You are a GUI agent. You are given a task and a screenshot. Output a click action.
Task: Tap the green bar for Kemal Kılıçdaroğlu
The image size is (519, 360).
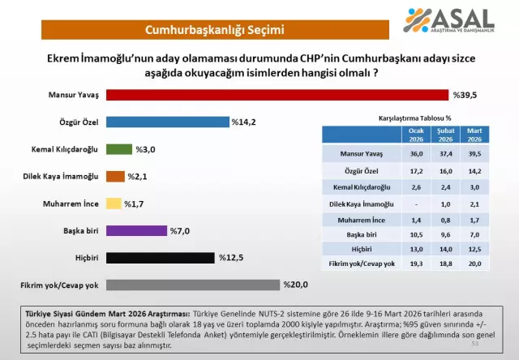[x=119, y=149]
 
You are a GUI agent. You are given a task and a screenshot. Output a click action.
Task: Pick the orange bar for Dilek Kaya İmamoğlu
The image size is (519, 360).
[x=115, y=176]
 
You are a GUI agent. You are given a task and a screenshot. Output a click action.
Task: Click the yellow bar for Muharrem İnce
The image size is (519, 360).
[x=114, y=204]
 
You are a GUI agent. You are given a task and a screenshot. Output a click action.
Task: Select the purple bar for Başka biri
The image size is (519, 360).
[x=136, y=230]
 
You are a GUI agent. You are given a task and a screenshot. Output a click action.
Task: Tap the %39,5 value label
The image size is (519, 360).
[x=465, y=94]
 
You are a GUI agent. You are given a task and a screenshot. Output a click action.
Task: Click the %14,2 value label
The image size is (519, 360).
[x=244, y=122]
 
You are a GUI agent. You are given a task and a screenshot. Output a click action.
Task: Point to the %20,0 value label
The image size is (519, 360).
[x=295, y=285]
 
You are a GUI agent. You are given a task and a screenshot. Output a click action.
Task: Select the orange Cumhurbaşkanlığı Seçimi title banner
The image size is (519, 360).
[x=214, y=31]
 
